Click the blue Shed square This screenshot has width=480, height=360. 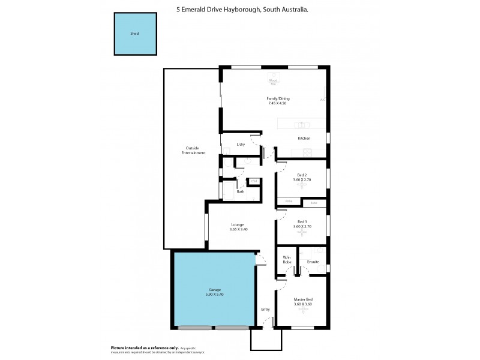coord(135,34)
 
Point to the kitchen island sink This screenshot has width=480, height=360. coord(302,125)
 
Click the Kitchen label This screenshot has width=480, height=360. coord(304,139)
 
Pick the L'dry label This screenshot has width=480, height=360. coord(241,144)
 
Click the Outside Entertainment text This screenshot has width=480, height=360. coord(194,151)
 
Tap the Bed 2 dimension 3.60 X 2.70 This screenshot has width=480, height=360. coord(302,179)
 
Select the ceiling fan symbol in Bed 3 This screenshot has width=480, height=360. coord(302,233)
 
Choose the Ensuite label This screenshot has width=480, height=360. coord(313,262)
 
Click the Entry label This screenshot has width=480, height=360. coord(265,310)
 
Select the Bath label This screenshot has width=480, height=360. coord(240,191)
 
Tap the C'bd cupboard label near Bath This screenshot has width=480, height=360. coord(254,181)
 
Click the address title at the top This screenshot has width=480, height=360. coord(242,8)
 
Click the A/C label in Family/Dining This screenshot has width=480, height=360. coord(322,100)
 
